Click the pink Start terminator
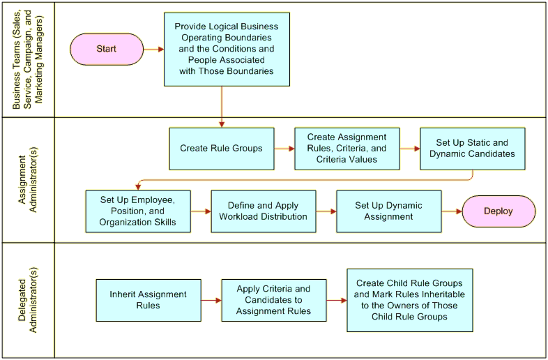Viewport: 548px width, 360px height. (x=107, y=50)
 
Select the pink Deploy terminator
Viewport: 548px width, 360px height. (x=498, y=211)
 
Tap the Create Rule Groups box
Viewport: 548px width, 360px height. (x=222, y=149)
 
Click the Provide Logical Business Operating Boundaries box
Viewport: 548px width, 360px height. (x=227, y=50)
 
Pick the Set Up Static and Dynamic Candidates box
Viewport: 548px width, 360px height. (x=473, y=149)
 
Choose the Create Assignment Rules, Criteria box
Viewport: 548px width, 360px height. (x=347, y=149)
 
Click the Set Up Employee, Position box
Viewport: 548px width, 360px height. (x=138, y=211)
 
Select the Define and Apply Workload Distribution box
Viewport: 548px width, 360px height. (x=264, y=211)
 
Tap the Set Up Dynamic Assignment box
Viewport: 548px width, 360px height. (x=389, y=211)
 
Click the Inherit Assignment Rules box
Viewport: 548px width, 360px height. (x=149, y=300)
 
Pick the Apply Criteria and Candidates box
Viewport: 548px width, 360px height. (x=274, y=300)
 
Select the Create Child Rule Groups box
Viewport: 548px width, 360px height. (x=410, y=300)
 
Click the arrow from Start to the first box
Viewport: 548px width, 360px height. (x=154, y=50)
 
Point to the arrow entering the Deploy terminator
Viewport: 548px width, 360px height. (x=452, y=211)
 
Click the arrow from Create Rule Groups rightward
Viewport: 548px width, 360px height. (x=284, y=149)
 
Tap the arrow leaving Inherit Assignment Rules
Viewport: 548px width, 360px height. (x=211, y=300)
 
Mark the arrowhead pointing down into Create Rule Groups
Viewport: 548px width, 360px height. (x=222, y=125)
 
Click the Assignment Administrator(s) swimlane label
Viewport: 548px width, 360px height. (x=28, y=180)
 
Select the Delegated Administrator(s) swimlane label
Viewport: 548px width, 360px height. (x=28, y=300)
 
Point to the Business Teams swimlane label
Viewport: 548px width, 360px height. (x=28, y=59)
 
